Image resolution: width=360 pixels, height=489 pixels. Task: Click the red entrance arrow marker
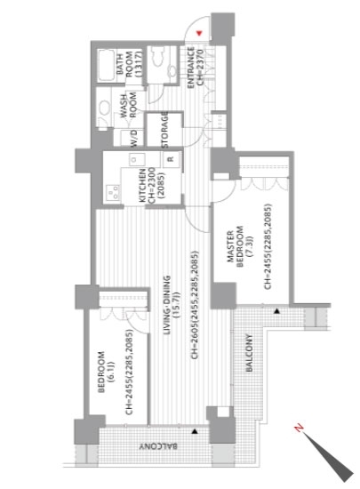(x=199, y=33)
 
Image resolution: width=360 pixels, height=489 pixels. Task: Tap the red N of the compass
(x=300, y=428)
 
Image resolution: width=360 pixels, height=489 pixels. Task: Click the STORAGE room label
(x=164, y=130)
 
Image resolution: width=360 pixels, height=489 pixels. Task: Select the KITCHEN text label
(x=143, y=185)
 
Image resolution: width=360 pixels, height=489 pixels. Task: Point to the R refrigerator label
(x=171, y=159)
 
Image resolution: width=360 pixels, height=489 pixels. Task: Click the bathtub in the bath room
(x=107, y=66)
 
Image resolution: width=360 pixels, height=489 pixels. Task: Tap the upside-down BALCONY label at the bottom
(x=158, y=446)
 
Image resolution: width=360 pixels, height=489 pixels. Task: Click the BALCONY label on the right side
(x=249, y=353)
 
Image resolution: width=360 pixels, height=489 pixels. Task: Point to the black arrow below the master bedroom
(x=276, y=311)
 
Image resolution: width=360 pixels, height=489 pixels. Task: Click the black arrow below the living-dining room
(x=195, y=431)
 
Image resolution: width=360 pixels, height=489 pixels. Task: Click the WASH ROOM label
(x=128, y=106)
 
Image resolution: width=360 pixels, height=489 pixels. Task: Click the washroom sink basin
(x=105, y=109)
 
